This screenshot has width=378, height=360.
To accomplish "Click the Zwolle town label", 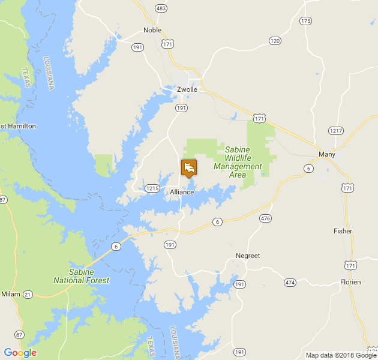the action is coord(187,89).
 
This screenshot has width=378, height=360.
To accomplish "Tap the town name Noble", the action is coord(152,30).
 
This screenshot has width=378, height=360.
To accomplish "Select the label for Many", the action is coord(327,154).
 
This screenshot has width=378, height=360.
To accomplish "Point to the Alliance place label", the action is coord(182,192).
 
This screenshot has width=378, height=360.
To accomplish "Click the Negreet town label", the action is coord(248,256).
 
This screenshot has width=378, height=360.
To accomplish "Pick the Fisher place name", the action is coord(343,231).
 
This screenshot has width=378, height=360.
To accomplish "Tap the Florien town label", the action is coord(350,281).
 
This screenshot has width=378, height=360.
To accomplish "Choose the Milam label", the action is coord(11,294).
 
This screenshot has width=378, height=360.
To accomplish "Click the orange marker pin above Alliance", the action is coord(189,167).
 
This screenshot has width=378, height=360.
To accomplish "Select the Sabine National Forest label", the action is coord(81,276).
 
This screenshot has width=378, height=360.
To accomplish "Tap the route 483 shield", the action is coord(160,8).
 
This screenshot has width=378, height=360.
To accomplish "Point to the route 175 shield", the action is coord(306,21).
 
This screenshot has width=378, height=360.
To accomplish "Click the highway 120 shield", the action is coord(275,41).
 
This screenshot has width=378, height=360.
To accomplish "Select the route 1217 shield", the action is coord(335,130).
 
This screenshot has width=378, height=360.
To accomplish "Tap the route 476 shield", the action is coord(265,218).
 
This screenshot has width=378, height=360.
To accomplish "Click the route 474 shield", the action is coord(290,282).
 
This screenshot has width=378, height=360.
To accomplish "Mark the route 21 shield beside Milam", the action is coord(28,294).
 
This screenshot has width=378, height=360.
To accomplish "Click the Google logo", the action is coord(20,353).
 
